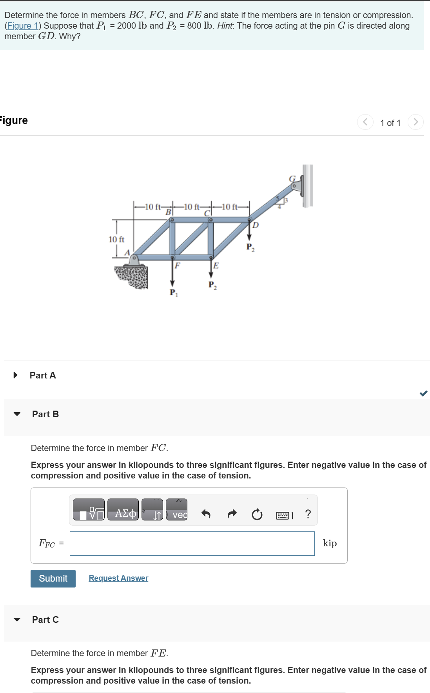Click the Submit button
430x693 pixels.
[53, 578]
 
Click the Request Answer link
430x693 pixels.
[118, 578]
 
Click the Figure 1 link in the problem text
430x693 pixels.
[23, 26]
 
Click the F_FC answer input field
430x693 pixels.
[192, 544]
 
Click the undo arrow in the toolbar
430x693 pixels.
[206, 514]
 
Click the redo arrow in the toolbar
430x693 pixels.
[232, 514]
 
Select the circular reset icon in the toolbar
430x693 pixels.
[257, 514]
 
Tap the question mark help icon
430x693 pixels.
[308, 514]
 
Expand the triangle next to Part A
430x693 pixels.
[16, 375]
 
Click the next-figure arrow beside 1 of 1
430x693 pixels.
[415, 122]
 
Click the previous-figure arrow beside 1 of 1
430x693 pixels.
[365, 122]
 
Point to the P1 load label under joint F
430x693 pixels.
[173, 293]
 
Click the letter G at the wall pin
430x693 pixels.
[292, 179]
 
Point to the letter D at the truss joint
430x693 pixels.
[256, 225]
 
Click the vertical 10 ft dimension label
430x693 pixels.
[116, 239]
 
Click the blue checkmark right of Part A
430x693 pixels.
[423, 393]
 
